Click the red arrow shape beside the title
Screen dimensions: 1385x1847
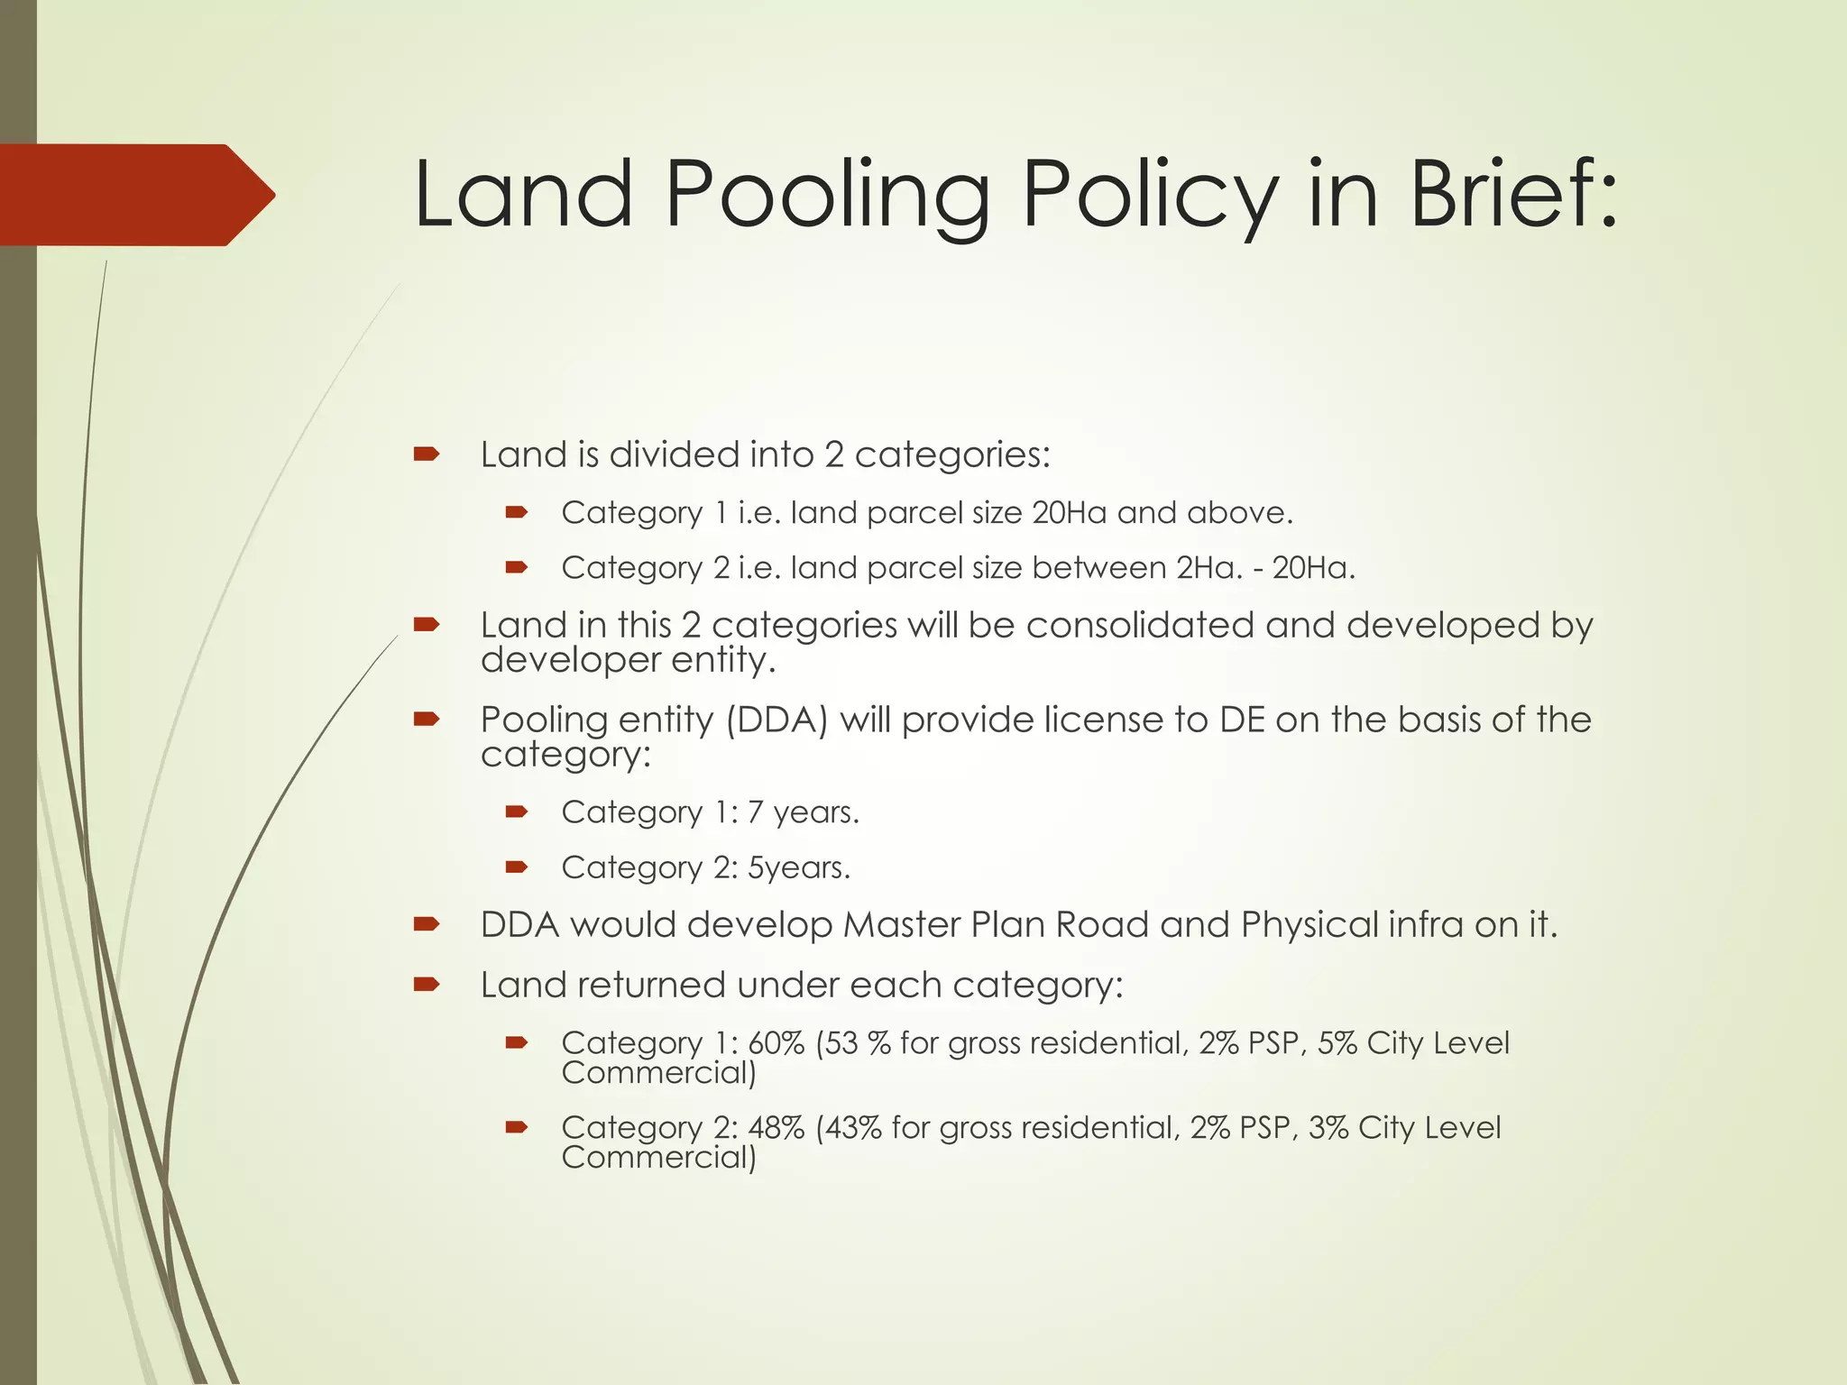pyautogui.click(x=135, y=195)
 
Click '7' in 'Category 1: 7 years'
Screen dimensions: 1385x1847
pyautogui.click(x=755, y=812)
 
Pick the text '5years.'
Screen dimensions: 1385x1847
pyautogui.click(x=799, y=867)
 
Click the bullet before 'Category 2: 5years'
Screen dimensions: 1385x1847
pyautogui.click(x=516, y=867)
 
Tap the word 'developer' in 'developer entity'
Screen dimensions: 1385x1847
pyautogui.click(x=557, y=660)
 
